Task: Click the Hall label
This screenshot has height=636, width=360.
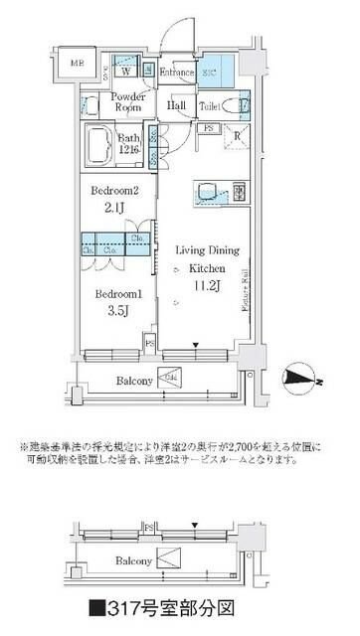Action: click(x=177, y=106)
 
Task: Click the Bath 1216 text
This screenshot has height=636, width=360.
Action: click(x=129, y=143)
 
